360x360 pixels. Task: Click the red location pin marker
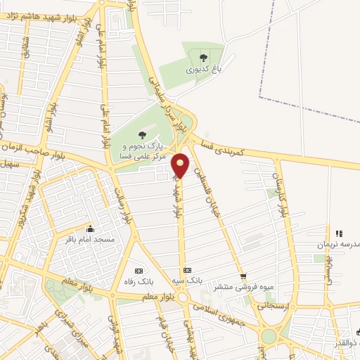click(181, 165)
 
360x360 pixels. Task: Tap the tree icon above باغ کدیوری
click(203, 58)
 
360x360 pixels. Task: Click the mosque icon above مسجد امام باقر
click(90, 229)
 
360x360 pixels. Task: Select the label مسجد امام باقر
click(90, 240)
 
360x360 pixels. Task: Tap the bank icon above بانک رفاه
click(138, 270)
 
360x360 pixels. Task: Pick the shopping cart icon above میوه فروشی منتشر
click(243, 276)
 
